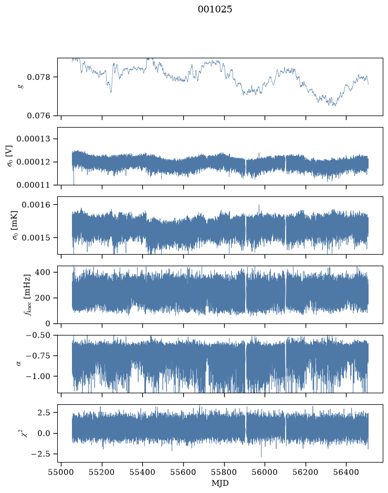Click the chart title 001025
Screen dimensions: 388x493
(215, 9)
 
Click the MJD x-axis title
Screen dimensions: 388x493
(220, 483)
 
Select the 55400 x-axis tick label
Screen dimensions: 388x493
(142, 472)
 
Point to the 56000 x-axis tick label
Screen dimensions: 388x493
(265, 472)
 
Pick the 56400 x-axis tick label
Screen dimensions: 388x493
(346, 472)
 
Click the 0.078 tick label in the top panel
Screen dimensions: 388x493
(38, 77)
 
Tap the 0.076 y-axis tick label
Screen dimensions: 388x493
(38, 116)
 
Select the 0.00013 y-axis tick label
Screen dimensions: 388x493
(33, 139)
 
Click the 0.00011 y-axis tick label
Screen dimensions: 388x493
(33, 185)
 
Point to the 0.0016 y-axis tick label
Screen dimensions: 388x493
(36, 205)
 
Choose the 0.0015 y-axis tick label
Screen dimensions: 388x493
(36, 238)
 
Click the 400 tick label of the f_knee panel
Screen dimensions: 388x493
(43, 272)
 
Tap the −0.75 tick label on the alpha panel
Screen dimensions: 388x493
(38, 356)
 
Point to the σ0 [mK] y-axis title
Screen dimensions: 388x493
(15, 225)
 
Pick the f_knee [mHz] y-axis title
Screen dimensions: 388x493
(27, 295)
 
